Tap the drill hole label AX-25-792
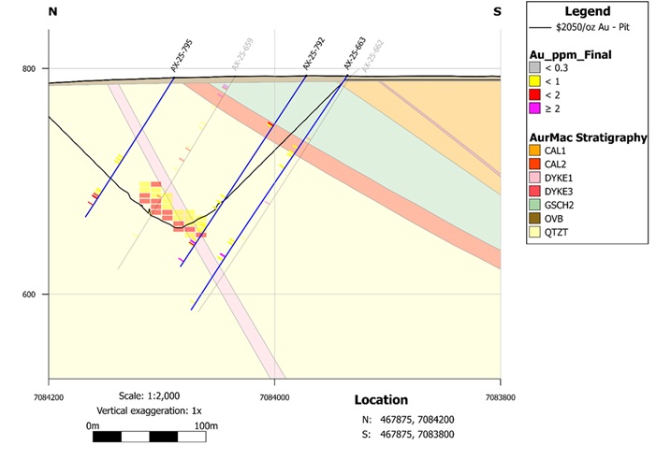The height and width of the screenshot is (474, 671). (314, 55)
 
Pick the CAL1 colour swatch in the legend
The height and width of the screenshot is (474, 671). (535, 151)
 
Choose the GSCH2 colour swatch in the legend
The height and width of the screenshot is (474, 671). (535, 204)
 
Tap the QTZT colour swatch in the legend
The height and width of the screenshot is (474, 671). (535, 230)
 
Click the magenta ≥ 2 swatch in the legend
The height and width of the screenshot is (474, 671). (535, 108)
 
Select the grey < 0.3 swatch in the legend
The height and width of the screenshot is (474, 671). (535, 68)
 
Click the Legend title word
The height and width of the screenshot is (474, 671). (587, 11)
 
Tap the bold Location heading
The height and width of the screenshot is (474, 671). (381, 400)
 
